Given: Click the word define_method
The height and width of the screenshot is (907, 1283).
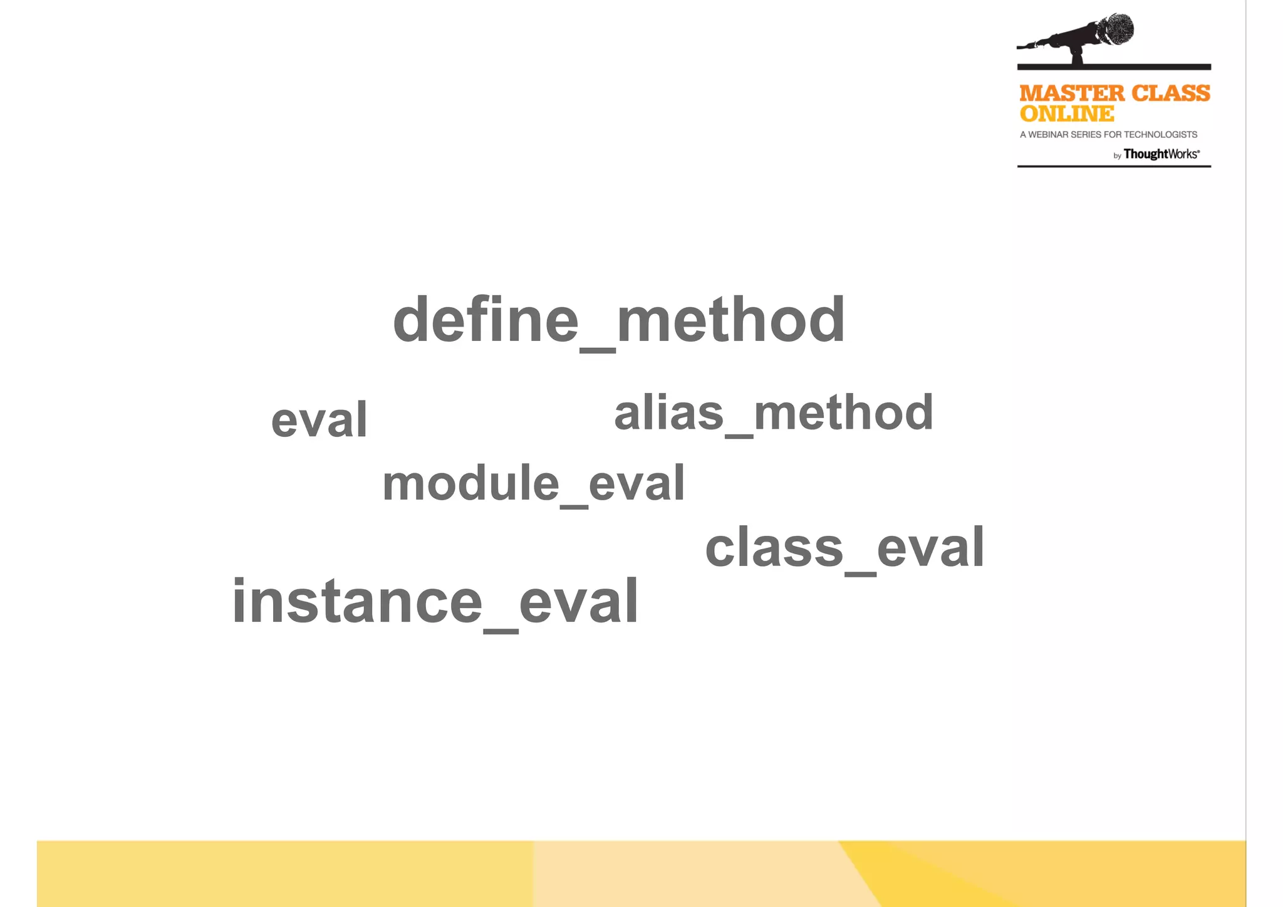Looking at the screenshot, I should tap(618, 321).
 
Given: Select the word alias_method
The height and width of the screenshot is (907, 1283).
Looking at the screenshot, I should tap(774, 413).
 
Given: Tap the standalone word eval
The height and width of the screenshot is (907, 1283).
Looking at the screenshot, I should tap(319, 419).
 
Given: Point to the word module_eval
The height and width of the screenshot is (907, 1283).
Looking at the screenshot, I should tap(533, 484).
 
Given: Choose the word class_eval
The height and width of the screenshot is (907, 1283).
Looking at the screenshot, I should tap(844, 548).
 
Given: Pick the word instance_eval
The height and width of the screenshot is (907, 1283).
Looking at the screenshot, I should tap(435, 602).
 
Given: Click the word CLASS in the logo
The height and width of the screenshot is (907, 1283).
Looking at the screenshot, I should tap(1170, 94).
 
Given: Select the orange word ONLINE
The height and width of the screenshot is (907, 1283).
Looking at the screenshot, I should tap(1066, 114).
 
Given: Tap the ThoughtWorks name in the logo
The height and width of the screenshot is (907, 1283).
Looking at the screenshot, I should tap(1161, 154).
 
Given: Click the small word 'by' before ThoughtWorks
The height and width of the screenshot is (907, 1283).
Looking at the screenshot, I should tap(1117, 156).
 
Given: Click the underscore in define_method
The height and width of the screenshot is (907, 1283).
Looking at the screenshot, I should tap(598, 350).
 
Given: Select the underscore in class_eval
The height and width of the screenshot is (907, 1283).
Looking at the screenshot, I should tap(860, 573).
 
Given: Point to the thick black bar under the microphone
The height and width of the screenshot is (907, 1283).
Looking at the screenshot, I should tap(1113, 66).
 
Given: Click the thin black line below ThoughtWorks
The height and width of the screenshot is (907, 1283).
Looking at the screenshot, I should tap(1113, 166).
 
